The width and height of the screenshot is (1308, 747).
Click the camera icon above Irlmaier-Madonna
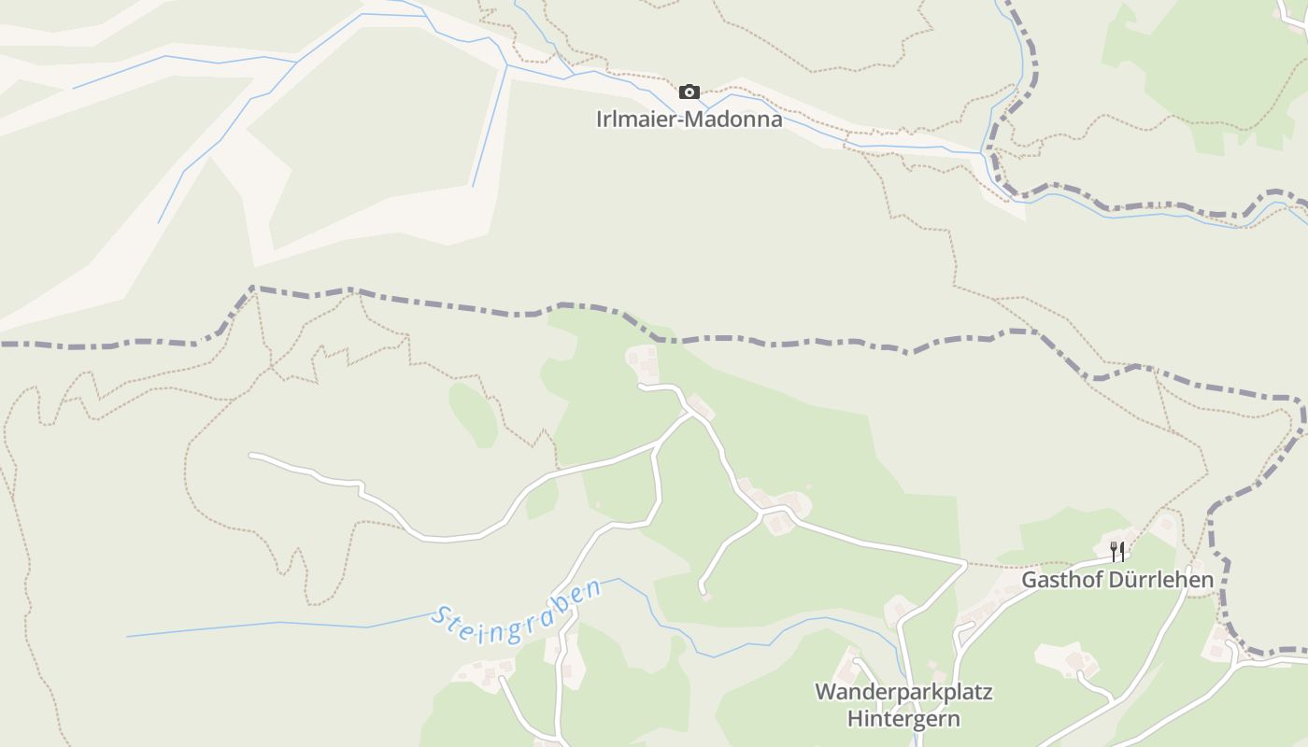(690, 92)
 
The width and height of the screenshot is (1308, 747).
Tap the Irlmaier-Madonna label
(690, 120)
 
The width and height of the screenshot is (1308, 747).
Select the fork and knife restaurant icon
(1116, 551)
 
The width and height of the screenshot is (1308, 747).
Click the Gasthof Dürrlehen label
(1117, 580)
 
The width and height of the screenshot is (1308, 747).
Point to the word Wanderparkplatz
(903, 693)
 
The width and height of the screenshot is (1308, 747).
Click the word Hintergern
(903, 719)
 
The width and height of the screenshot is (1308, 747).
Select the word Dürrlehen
(1160, 580)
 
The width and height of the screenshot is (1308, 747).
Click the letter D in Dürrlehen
(1116, 580)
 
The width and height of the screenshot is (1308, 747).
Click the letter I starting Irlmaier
(600, 120)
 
